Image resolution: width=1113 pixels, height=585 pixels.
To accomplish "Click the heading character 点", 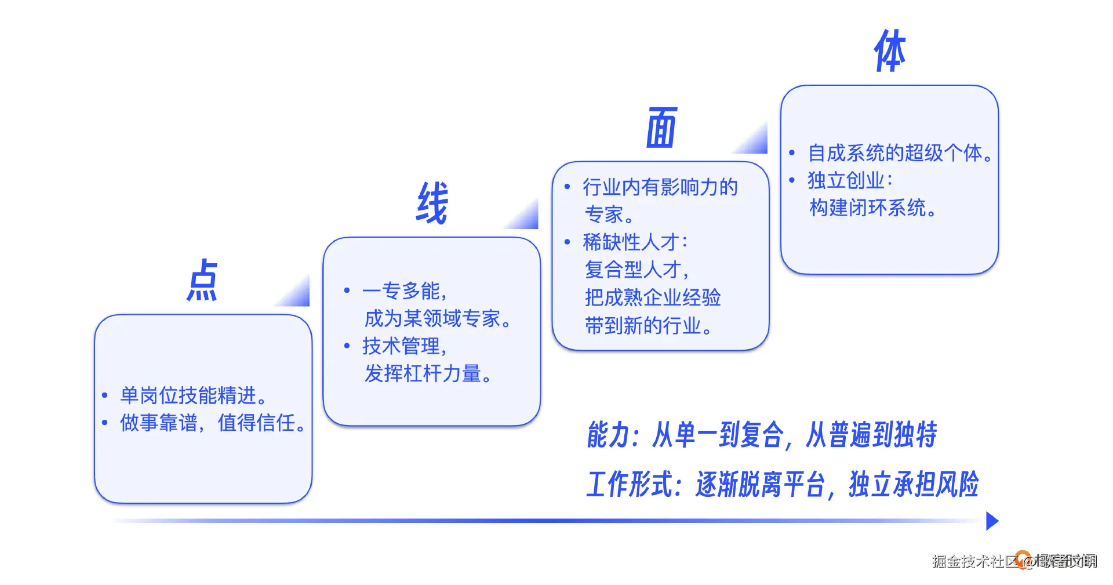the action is point(202,281).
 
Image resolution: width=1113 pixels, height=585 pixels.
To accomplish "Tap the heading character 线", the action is point(432,203).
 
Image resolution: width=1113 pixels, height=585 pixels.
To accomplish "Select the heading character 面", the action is point(661,128).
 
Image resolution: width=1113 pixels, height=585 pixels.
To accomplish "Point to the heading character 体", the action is point(890,52).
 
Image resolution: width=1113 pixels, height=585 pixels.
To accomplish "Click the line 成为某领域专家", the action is point(437,318).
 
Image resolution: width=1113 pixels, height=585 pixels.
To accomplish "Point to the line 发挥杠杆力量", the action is point(428,373).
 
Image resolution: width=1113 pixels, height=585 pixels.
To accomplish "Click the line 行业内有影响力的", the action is point(660,187).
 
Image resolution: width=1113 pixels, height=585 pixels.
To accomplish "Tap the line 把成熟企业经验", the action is point(653,297).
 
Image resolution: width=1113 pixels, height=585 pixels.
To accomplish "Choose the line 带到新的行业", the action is point(648,325).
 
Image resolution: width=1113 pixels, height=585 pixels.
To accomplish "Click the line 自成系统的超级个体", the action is point(900,153).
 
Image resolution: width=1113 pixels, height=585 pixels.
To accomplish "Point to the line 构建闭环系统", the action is point(872,208).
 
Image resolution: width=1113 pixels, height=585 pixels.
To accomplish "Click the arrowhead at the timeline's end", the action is point(992,521).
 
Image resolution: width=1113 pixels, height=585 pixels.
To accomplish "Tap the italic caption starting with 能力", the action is point(762,435).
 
